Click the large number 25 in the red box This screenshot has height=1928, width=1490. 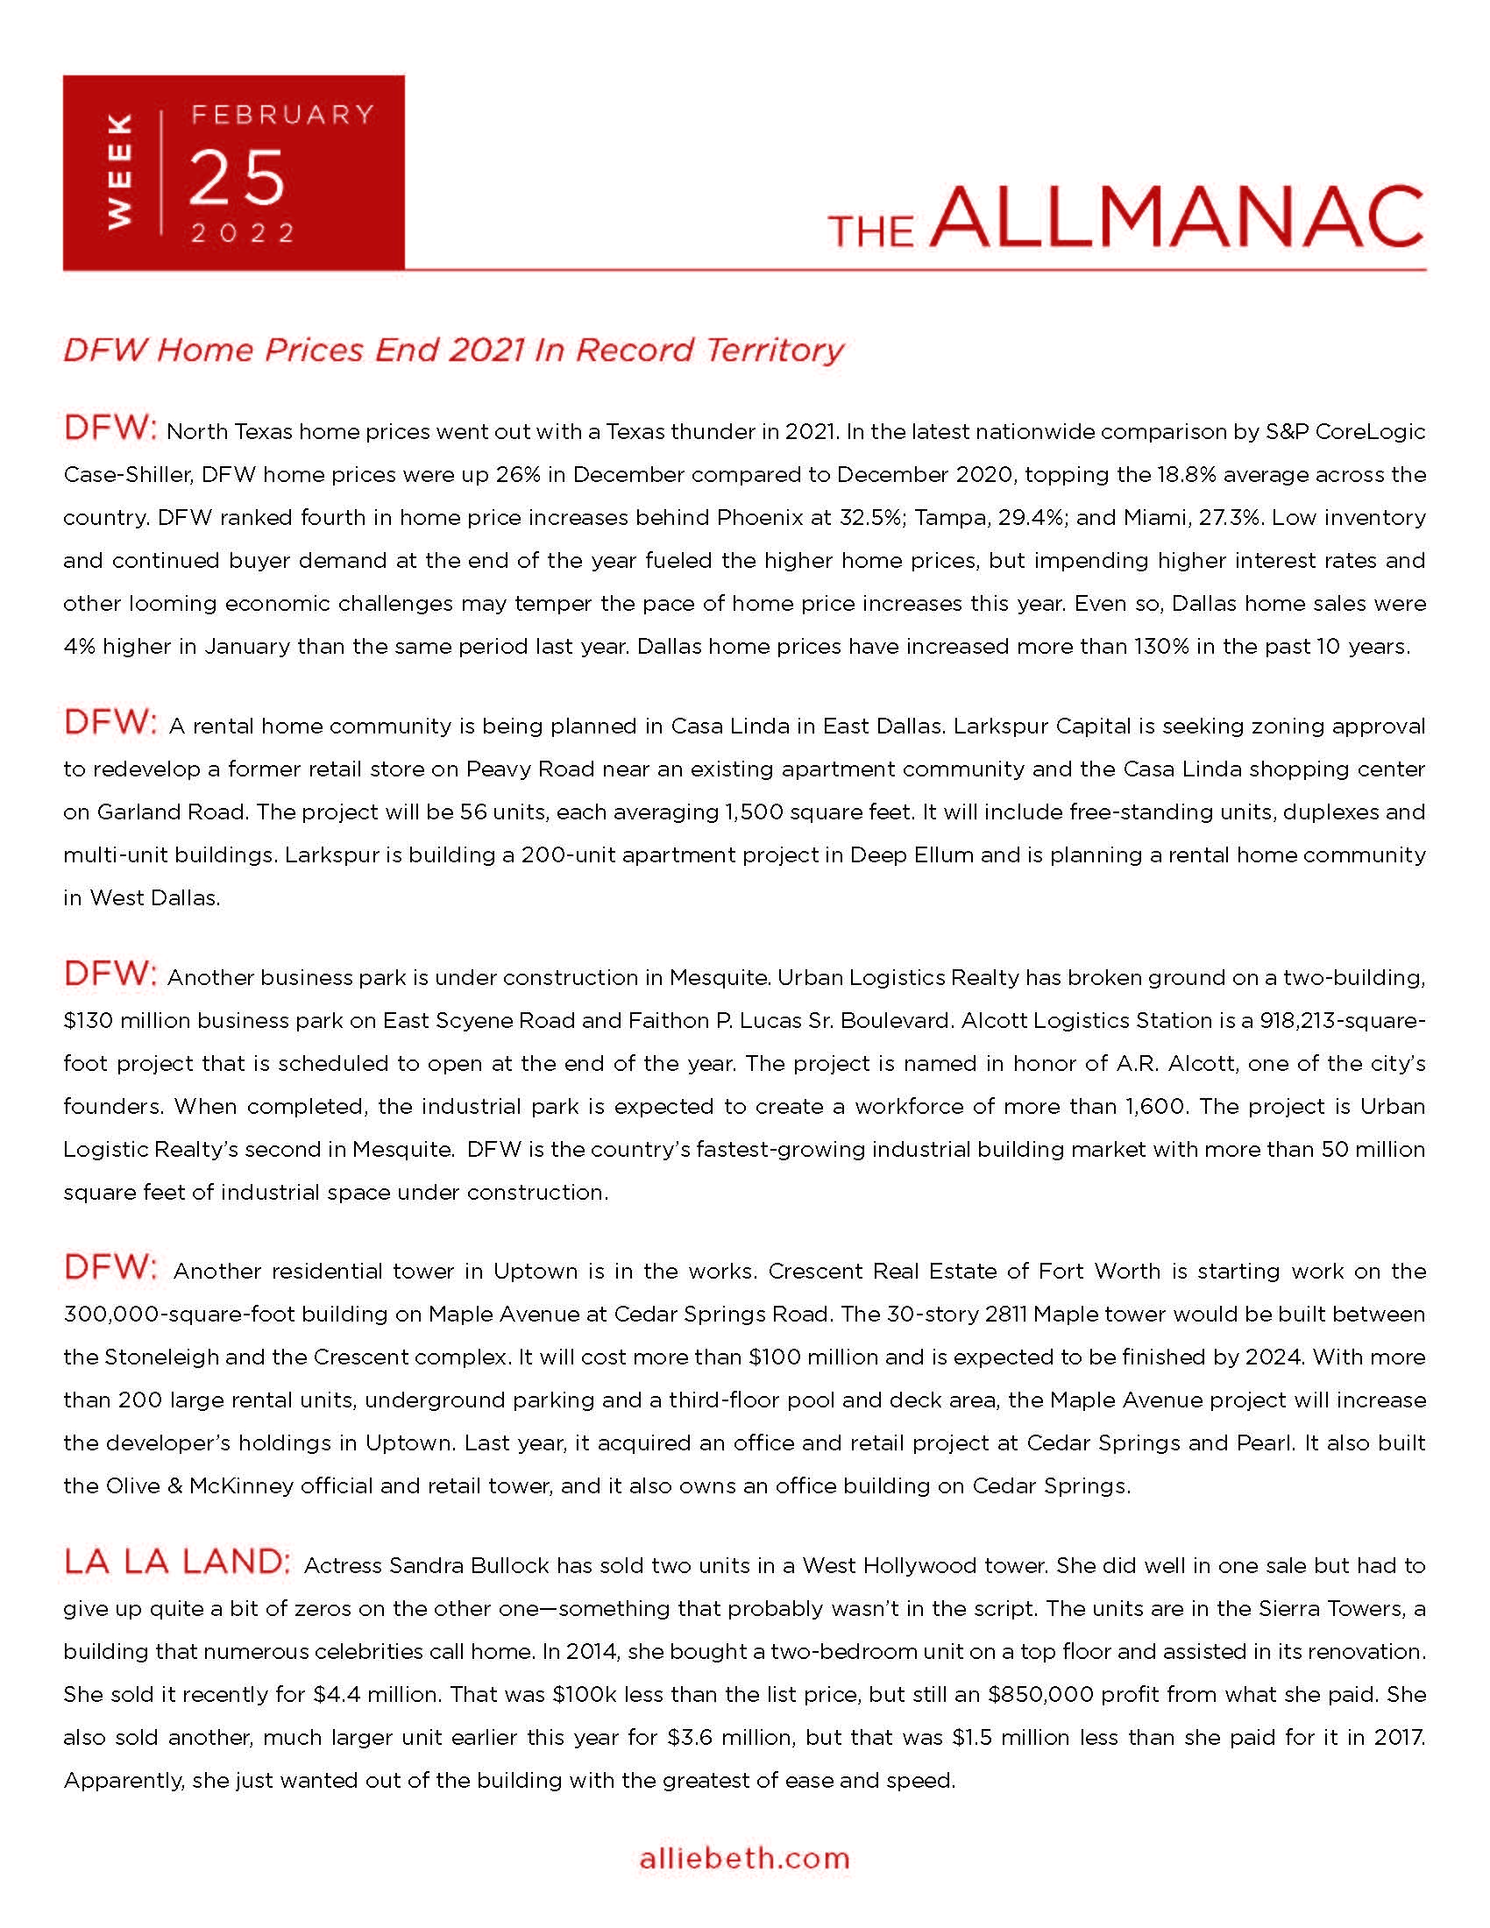(x=238, y=177)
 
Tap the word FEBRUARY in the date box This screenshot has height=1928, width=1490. (x=283, y=115)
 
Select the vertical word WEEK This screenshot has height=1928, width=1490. (x=119, y=171)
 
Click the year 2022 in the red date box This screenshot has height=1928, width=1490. (x=244, y=233)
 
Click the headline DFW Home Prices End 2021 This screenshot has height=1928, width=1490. (x=453, y=351)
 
